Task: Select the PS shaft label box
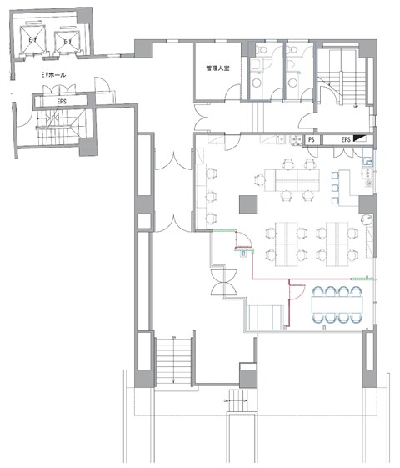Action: point(311,140)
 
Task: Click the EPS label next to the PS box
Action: point(344,140)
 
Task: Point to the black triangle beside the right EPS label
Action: point(360,139)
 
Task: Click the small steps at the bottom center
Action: point(242,403)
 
